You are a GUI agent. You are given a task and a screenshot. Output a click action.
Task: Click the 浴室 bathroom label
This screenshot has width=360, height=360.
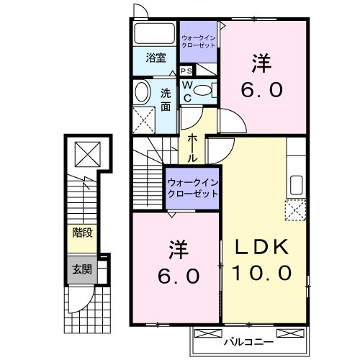pyautogui.click(x=156, y=58)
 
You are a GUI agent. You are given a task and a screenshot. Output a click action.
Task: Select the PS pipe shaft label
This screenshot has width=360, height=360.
pyautogui.click(x=186, y=71)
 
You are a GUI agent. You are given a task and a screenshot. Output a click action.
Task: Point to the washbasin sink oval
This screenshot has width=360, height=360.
pyautogui.click(x=142, y=91)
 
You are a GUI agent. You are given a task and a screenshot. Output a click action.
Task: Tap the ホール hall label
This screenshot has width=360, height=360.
pyautogui.click(x=194, y=147)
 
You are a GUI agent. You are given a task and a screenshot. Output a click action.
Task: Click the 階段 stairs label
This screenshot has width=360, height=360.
pyautogui.click(x=81, y=233)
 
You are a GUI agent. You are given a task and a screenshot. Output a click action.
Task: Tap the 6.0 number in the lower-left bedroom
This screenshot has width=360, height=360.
pyautogui.click(x=176, y=276)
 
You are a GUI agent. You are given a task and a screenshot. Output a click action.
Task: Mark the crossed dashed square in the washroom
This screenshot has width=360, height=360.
pyautogui.click(x=144, y=120)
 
